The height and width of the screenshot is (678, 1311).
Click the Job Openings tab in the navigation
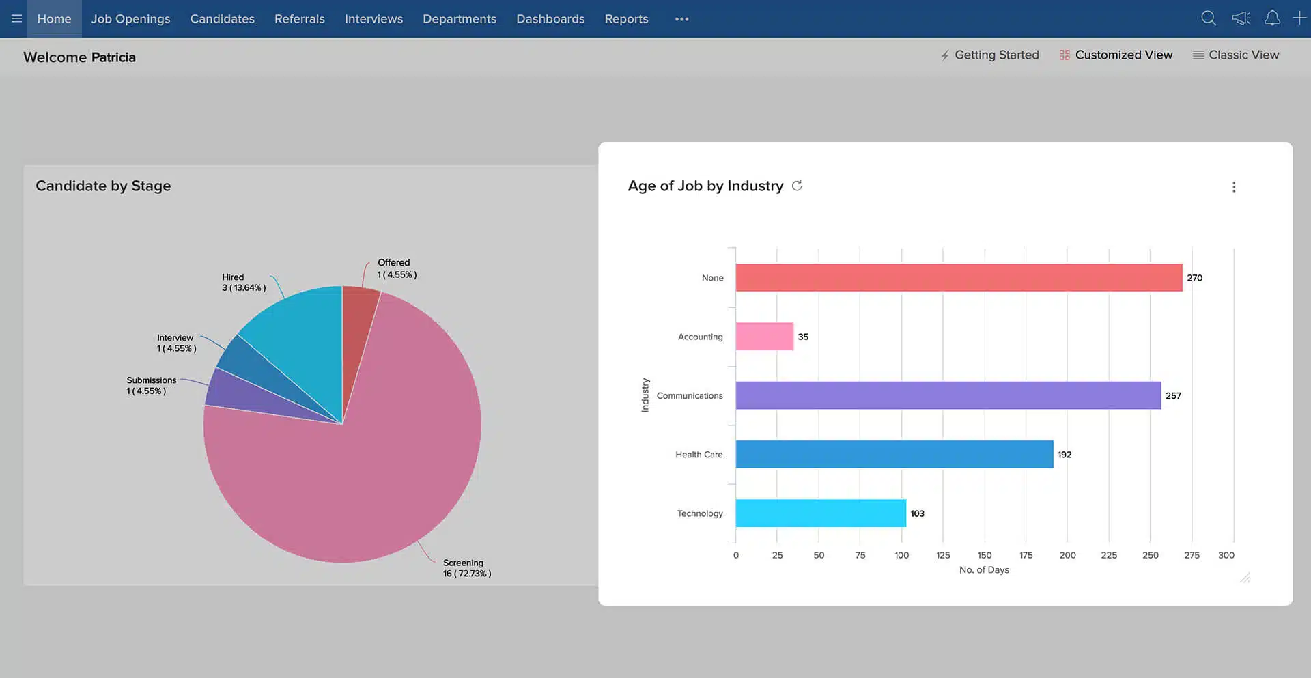click(x=130, y=19)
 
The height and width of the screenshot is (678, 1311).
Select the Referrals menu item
click(x=299, y=19)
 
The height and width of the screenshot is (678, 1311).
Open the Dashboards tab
click(x=550, y=19)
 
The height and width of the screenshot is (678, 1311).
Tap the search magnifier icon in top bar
click(x=1208, y=18)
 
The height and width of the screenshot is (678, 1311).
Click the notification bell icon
click(x=1271, y=18)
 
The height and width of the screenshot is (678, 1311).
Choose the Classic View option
click(x=1235, y=55)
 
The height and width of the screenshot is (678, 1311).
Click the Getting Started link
click(x=989, y=55)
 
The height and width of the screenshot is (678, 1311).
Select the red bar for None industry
click(x=958, y=278)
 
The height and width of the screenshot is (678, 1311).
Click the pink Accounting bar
click(x=764, y=337)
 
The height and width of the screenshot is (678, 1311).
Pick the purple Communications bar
click(x=947, y=395)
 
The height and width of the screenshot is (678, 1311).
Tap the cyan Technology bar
click(x=820, y=513)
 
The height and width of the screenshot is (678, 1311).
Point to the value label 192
click(x=1064, y=455)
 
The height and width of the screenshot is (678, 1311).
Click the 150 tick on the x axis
click(x=984, y=555)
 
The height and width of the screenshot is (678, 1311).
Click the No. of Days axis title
click(x=983, y=570)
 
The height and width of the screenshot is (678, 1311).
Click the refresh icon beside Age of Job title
click(x=796, y=186)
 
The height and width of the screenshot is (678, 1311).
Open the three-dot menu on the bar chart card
click(x=1233, y=187)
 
